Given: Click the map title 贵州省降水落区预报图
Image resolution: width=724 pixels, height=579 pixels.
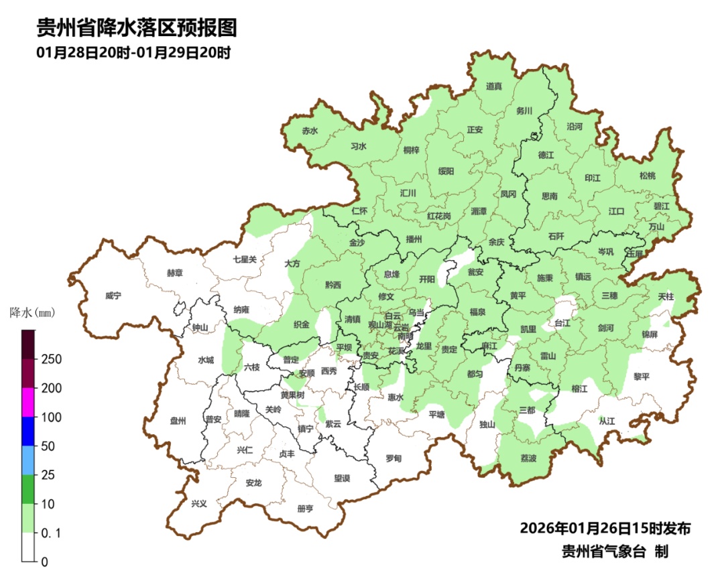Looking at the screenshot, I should click(136, 29).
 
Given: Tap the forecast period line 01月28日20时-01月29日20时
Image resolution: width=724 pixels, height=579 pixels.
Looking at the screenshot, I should click(133, 53).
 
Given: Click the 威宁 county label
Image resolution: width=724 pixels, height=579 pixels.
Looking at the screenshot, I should click(113, 296).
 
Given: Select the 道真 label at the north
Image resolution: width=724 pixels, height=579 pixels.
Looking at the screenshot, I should click(494, 86).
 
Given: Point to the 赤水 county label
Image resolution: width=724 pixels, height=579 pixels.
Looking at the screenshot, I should click(310, 131).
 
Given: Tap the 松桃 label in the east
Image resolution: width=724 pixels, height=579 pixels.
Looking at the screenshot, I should click(647, 176).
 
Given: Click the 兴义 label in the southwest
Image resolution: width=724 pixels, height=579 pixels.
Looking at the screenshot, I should click(199, 503).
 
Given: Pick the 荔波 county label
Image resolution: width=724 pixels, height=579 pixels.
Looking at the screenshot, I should click(528, 458).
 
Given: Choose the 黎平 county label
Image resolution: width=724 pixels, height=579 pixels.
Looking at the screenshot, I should click(642, 377).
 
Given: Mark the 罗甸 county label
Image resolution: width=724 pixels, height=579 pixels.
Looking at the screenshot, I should click(394, 458).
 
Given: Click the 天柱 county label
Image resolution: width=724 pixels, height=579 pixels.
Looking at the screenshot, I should click(666, 296).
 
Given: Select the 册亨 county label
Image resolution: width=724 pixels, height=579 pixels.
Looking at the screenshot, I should click(305, 509).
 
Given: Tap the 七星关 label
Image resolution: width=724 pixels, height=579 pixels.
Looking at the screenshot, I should click(245, 259).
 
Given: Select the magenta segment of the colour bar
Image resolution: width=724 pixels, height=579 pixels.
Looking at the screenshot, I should click(28, 402).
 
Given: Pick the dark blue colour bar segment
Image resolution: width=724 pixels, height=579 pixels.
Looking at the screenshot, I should click(28, 431).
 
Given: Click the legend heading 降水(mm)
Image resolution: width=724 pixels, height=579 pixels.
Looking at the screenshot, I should click(33, 312).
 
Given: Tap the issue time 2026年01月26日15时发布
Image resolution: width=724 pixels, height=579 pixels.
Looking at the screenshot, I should click(605, 529).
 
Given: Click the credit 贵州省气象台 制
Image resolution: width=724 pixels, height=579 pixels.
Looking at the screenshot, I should click(614, 552).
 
